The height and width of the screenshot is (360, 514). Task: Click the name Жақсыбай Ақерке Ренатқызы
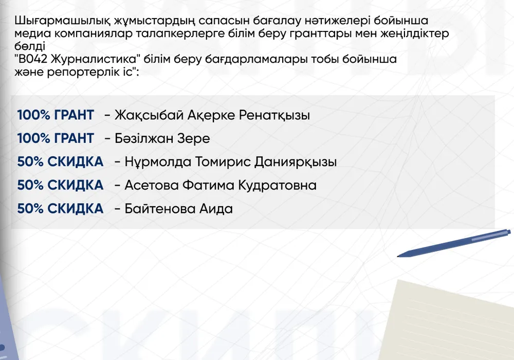click(x=212, y=115)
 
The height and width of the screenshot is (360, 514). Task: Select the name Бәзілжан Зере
click(x=162, y=139)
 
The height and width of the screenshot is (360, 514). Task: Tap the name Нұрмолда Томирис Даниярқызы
click(x=231, y=162)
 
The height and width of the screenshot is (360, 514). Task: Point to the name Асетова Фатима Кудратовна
click(x=221, y=185)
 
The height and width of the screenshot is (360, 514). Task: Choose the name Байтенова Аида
click(x=179, y=209)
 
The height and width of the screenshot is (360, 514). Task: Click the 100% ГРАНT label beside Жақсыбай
click(x=56, y=115)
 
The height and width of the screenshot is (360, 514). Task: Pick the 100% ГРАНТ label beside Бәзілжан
click(x=56, y=138)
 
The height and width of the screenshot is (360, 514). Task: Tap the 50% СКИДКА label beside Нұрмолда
click(x=60, y=162)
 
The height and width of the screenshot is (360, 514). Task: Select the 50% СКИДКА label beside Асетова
click(x=60, y=185)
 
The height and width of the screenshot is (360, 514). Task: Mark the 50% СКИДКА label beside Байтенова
click(x=60, y=209)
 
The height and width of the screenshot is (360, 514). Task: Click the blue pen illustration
click(x=454, y=243)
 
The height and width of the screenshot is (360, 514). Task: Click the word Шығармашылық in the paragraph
click(x=62, y=21)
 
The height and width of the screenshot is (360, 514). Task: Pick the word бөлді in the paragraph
click(x=30, y=46)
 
